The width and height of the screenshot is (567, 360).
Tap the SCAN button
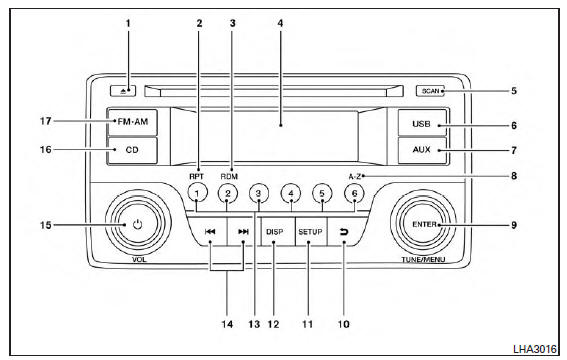[x=430, y=91]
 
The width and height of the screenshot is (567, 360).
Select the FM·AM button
[x=132, y=122]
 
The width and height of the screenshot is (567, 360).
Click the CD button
[x=132, y=150]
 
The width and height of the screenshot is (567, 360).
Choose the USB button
[x=422, y=123]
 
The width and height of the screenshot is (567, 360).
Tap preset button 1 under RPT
[x=197, y=193]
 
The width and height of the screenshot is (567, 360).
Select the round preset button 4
[x=291, y=193]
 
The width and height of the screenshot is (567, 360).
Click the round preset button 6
[x=354, y=193]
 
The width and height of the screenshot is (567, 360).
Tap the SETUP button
[x=310, y=232]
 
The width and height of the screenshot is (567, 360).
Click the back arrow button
[x=344, y=232]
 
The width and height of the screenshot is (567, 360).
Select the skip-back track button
[x=210, y=232]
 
